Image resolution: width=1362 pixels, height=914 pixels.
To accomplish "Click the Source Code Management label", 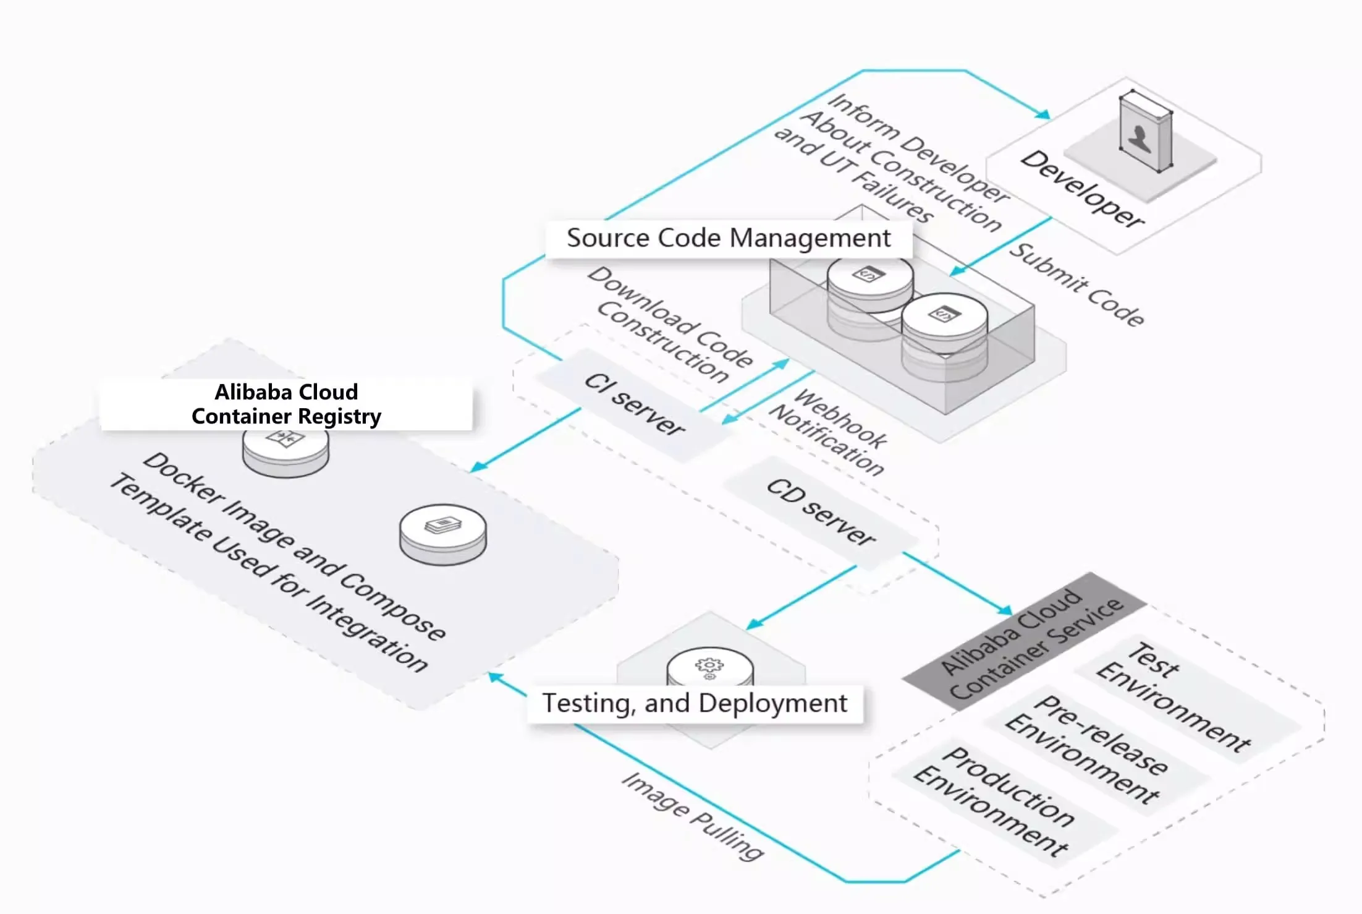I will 729,238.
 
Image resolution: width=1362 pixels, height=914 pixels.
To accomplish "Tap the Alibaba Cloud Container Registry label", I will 286,404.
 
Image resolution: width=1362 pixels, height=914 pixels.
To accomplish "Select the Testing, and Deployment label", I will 695,703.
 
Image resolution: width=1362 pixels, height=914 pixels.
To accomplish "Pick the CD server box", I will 821,512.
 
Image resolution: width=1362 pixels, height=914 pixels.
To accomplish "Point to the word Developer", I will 1082,189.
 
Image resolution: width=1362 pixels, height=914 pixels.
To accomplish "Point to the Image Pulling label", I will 693,816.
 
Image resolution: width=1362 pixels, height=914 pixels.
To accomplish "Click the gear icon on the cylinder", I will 709,667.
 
